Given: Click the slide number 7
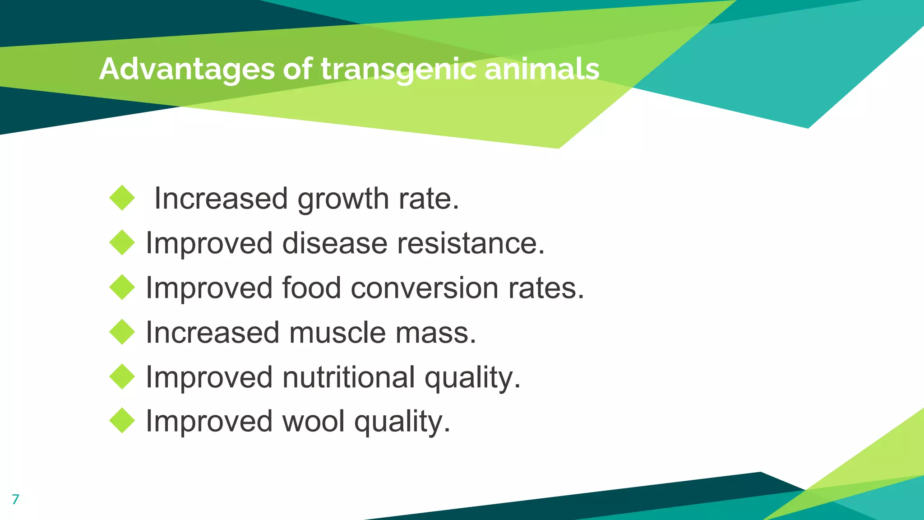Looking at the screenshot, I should click(x=15, y=499).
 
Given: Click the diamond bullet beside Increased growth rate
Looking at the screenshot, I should click(x=122, y=198).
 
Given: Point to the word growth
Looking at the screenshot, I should click(x=343, y=199).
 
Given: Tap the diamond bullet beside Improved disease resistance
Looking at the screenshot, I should click(x=122, y=242).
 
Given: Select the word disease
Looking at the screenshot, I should click(x=335, y=243).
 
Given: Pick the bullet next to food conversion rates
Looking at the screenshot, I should click(x=122, y=287).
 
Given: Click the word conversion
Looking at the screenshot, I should click(x=424, y=288).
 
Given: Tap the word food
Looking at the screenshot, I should click(x=311, y=288).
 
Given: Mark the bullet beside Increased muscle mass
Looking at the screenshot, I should click(x=122, y=332).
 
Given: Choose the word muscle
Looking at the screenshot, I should click(x=337, y=333).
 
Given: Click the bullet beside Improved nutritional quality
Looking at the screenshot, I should click(x=122, y=376).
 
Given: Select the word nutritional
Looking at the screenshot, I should click(x=348, y=377).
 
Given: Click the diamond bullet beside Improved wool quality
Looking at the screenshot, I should click(x=122, y=421).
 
